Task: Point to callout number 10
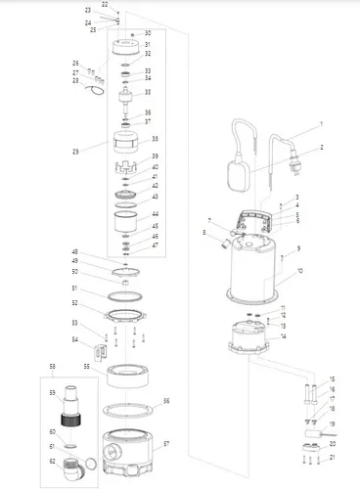(x=300, y=270)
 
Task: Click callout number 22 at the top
(x=105, y=5)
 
